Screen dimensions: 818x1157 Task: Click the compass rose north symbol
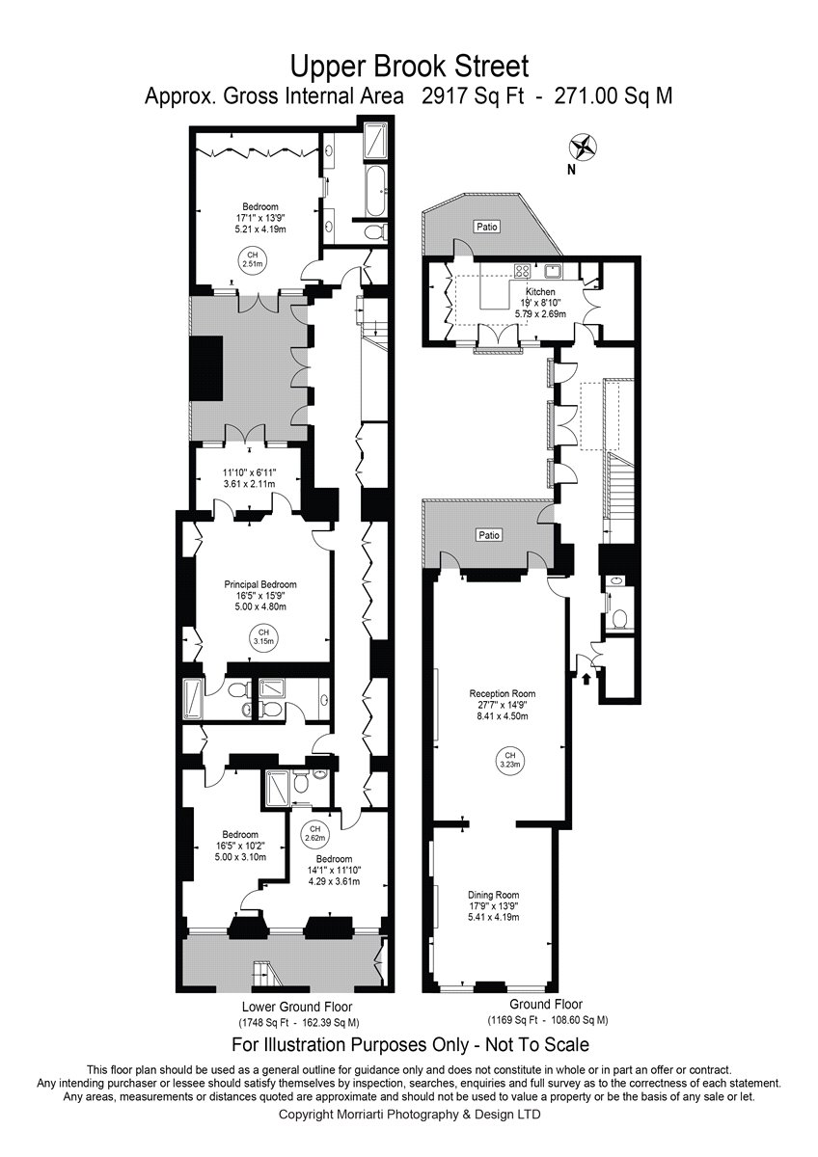tap(583, 147)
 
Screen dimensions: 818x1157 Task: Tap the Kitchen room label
tap(540, 292)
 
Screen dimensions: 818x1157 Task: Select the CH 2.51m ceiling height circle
tap(252, 259)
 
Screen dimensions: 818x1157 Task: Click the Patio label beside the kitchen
tap(487, 227)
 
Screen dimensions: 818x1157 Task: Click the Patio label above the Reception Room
tap(489, 535)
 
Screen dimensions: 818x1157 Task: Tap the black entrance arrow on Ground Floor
tap(586, 679)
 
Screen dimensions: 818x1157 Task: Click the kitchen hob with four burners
tap(523, 270)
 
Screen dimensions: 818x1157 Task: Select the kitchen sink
tap(554, 270)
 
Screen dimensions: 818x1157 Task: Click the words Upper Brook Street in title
tap(409, 67)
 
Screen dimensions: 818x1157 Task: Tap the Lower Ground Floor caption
tap(297, 1007)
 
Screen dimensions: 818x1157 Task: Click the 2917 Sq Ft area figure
tap(474, 96)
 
